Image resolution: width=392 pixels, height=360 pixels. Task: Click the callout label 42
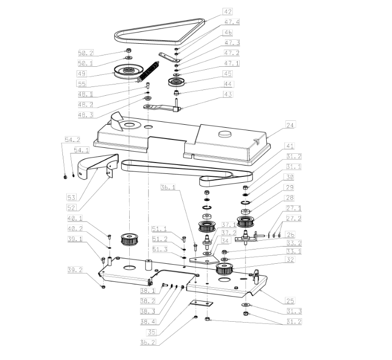pyautogui.click(x=228, y=11)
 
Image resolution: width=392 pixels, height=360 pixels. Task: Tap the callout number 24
pyautogui.click(x=290, y=124)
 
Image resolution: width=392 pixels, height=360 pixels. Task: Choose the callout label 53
pyautogui.click(x=71, y=197)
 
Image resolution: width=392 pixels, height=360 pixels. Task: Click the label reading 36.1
pyautogui.click(x=168, y=187)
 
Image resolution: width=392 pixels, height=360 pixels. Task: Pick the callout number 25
pyautogui.click(x=290, y=301)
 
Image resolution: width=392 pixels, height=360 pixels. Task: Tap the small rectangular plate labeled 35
pyautogui.click(x=201, y=303)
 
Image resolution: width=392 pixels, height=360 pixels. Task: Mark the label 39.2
pyautogui.click(x=75, y=270)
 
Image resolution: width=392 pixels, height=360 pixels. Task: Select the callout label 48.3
pyautogui.click(x=85, y=115)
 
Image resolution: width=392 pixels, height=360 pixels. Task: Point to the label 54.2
pyautogui.click(x=73, y=139)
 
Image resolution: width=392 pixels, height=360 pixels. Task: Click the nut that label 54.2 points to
pyautogui.click(x=65, y=177)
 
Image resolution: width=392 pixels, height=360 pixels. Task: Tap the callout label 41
pyautogui.click(x=290, y=146)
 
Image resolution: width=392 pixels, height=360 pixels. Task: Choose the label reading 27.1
pyautogui.click(x=294, y=208)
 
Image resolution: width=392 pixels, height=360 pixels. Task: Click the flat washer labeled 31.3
pyautogui.click(x=246, y=305)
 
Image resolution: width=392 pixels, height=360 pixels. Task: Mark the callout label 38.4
pyautogui.click(x=148, y=322)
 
